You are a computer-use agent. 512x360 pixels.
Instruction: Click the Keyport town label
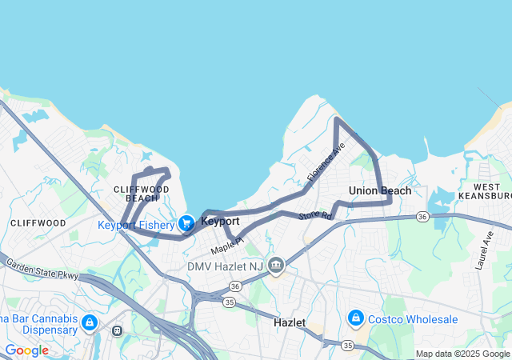[x=220, y=221]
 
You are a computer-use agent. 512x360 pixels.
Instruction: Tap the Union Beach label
[x=380, y=190]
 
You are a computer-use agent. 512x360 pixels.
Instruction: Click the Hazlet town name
[x=290, y=322]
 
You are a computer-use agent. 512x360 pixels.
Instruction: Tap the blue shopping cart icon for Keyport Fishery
[x=186, y=224]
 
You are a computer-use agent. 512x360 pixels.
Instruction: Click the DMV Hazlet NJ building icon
[x=276, y=265]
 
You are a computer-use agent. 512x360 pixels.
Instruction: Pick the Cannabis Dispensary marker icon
[x=89, y=323]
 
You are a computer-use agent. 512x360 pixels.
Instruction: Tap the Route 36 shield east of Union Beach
[x=422, y=217]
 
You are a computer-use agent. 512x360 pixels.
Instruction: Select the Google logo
[x=26, y=350]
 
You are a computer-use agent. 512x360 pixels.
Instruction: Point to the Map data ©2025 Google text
[x=462, y=354]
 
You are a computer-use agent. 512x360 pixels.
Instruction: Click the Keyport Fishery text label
[x=136, y=225]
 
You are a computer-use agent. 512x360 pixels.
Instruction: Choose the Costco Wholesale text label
[x=414, y=319]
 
